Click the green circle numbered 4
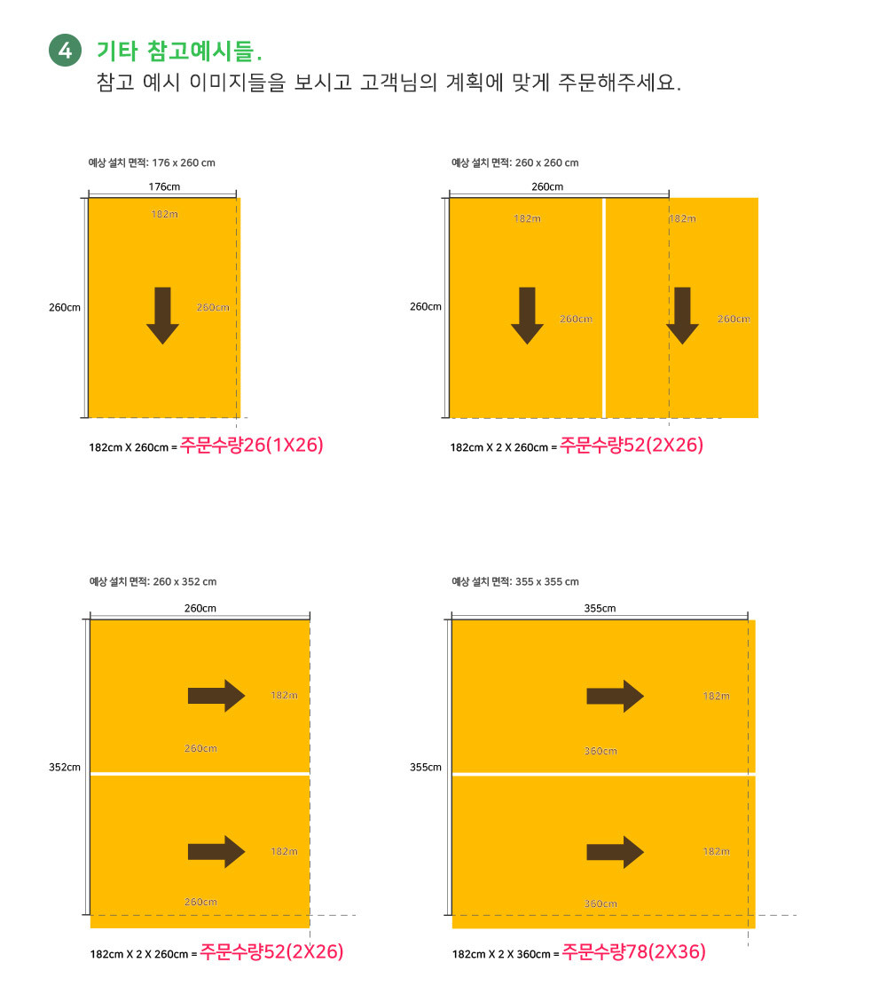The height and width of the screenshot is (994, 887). [66, 50]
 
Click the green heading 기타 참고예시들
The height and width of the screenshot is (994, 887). [179, 51]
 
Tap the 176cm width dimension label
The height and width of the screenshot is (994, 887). [164, 186]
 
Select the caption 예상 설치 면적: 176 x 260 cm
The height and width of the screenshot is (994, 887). [152, 163]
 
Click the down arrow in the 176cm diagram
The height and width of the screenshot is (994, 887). [163, 316]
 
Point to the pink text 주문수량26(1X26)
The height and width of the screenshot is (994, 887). [252, 445]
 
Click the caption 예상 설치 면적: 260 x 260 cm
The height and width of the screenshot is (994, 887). [515, 163]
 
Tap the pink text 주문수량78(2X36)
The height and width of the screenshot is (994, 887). [633, 951]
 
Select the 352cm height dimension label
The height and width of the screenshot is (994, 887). [65, 767]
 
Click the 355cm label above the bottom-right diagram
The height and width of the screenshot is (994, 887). [600, 608]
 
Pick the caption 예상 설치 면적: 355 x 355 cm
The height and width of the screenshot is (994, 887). [515, 582]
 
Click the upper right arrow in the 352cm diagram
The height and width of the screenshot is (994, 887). [216, 696]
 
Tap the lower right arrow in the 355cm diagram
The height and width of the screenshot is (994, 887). [616, 852]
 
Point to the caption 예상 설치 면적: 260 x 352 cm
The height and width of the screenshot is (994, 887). [153, 582]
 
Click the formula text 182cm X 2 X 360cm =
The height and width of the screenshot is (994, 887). [506, 954]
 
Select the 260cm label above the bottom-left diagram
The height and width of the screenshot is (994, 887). [200, 608]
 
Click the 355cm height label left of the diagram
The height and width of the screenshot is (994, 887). [426, 767]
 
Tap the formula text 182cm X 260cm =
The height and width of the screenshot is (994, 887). [133, 447]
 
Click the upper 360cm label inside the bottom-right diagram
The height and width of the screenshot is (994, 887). [600, 751]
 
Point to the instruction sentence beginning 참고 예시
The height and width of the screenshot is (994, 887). [389, 83]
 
